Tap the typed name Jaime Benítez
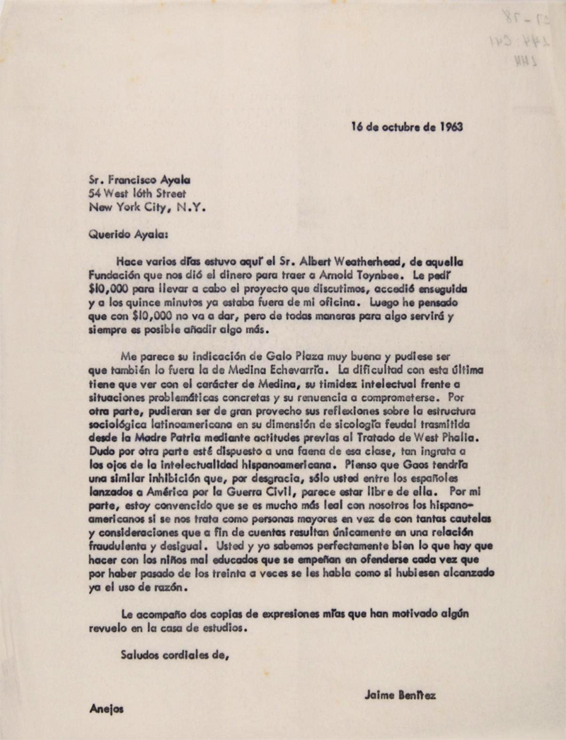400,695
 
